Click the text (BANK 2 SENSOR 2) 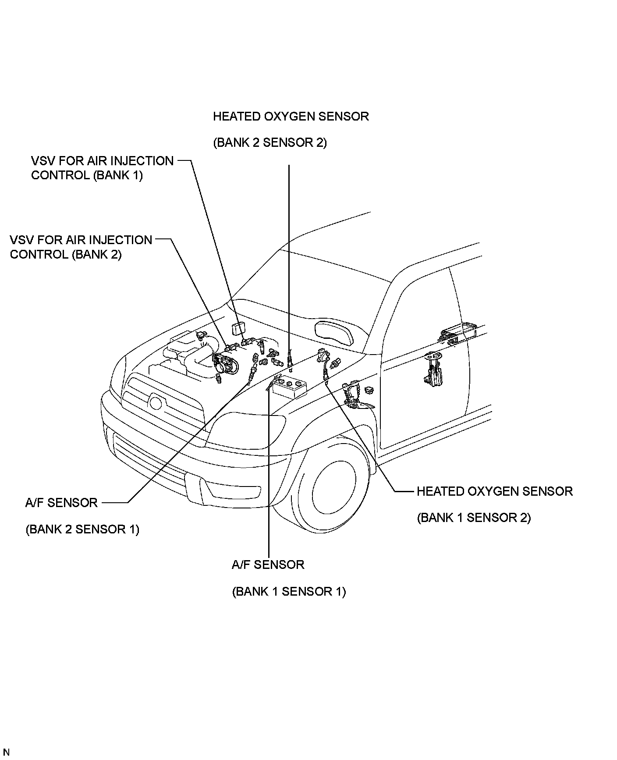(270, 143)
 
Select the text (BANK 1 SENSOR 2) (474, 518)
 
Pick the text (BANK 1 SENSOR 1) (289, 592)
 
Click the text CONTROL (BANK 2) (66, 254)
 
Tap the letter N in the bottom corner (6, 753)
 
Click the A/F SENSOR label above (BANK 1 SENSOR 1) (268, 565)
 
